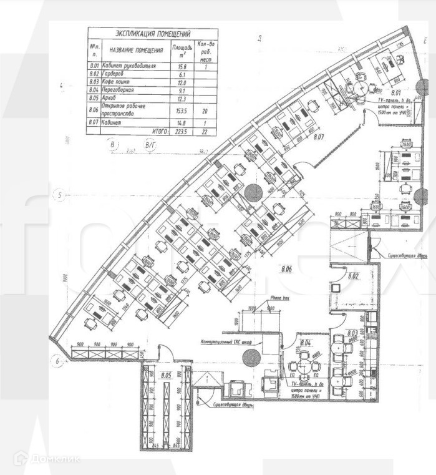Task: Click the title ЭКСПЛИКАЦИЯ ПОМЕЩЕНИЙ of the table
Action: [153, 34]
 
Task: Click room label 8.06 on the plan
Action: [286, 269]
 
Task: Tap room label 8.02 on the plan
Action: [354, 275]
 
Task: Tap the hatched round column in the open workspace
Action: [253, 193]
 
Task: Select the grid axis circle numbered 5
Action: [60, 196]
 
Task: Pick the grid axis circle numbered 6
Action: [56, 361]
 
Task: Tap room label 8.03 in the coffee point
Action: [352, 334]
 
